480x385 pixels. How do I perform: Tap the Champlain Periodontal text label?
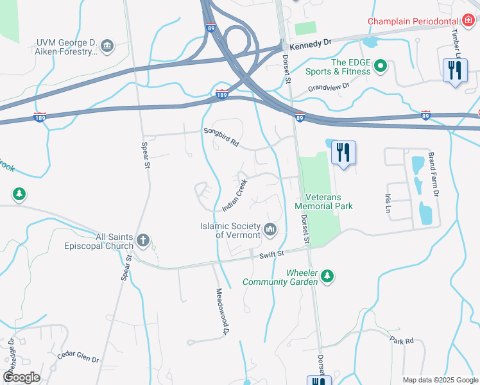409,21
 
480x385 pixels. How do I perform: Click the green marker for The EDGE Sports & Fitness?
381,65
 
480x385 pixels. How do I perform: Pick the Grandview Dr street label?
329,87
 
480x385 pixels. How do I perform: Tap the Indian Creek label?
234,196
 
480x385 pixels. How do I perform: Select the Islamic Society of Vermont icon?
270,228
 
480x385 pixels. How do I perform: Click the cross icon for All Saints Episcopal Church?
143,241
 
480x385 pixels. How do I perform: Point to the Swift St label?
271,255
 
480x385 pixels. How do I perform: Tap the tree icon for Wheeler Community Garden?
328,276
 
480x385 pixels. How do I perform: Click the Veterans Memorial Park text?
323,201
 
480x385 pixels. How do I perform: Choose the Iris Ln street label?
388,204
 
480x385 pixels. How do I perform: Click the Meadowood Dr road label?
221,311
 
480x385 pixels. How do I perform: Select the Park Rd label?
401,341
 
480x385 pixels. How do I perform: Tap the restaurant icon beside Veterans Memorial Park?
343,153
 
